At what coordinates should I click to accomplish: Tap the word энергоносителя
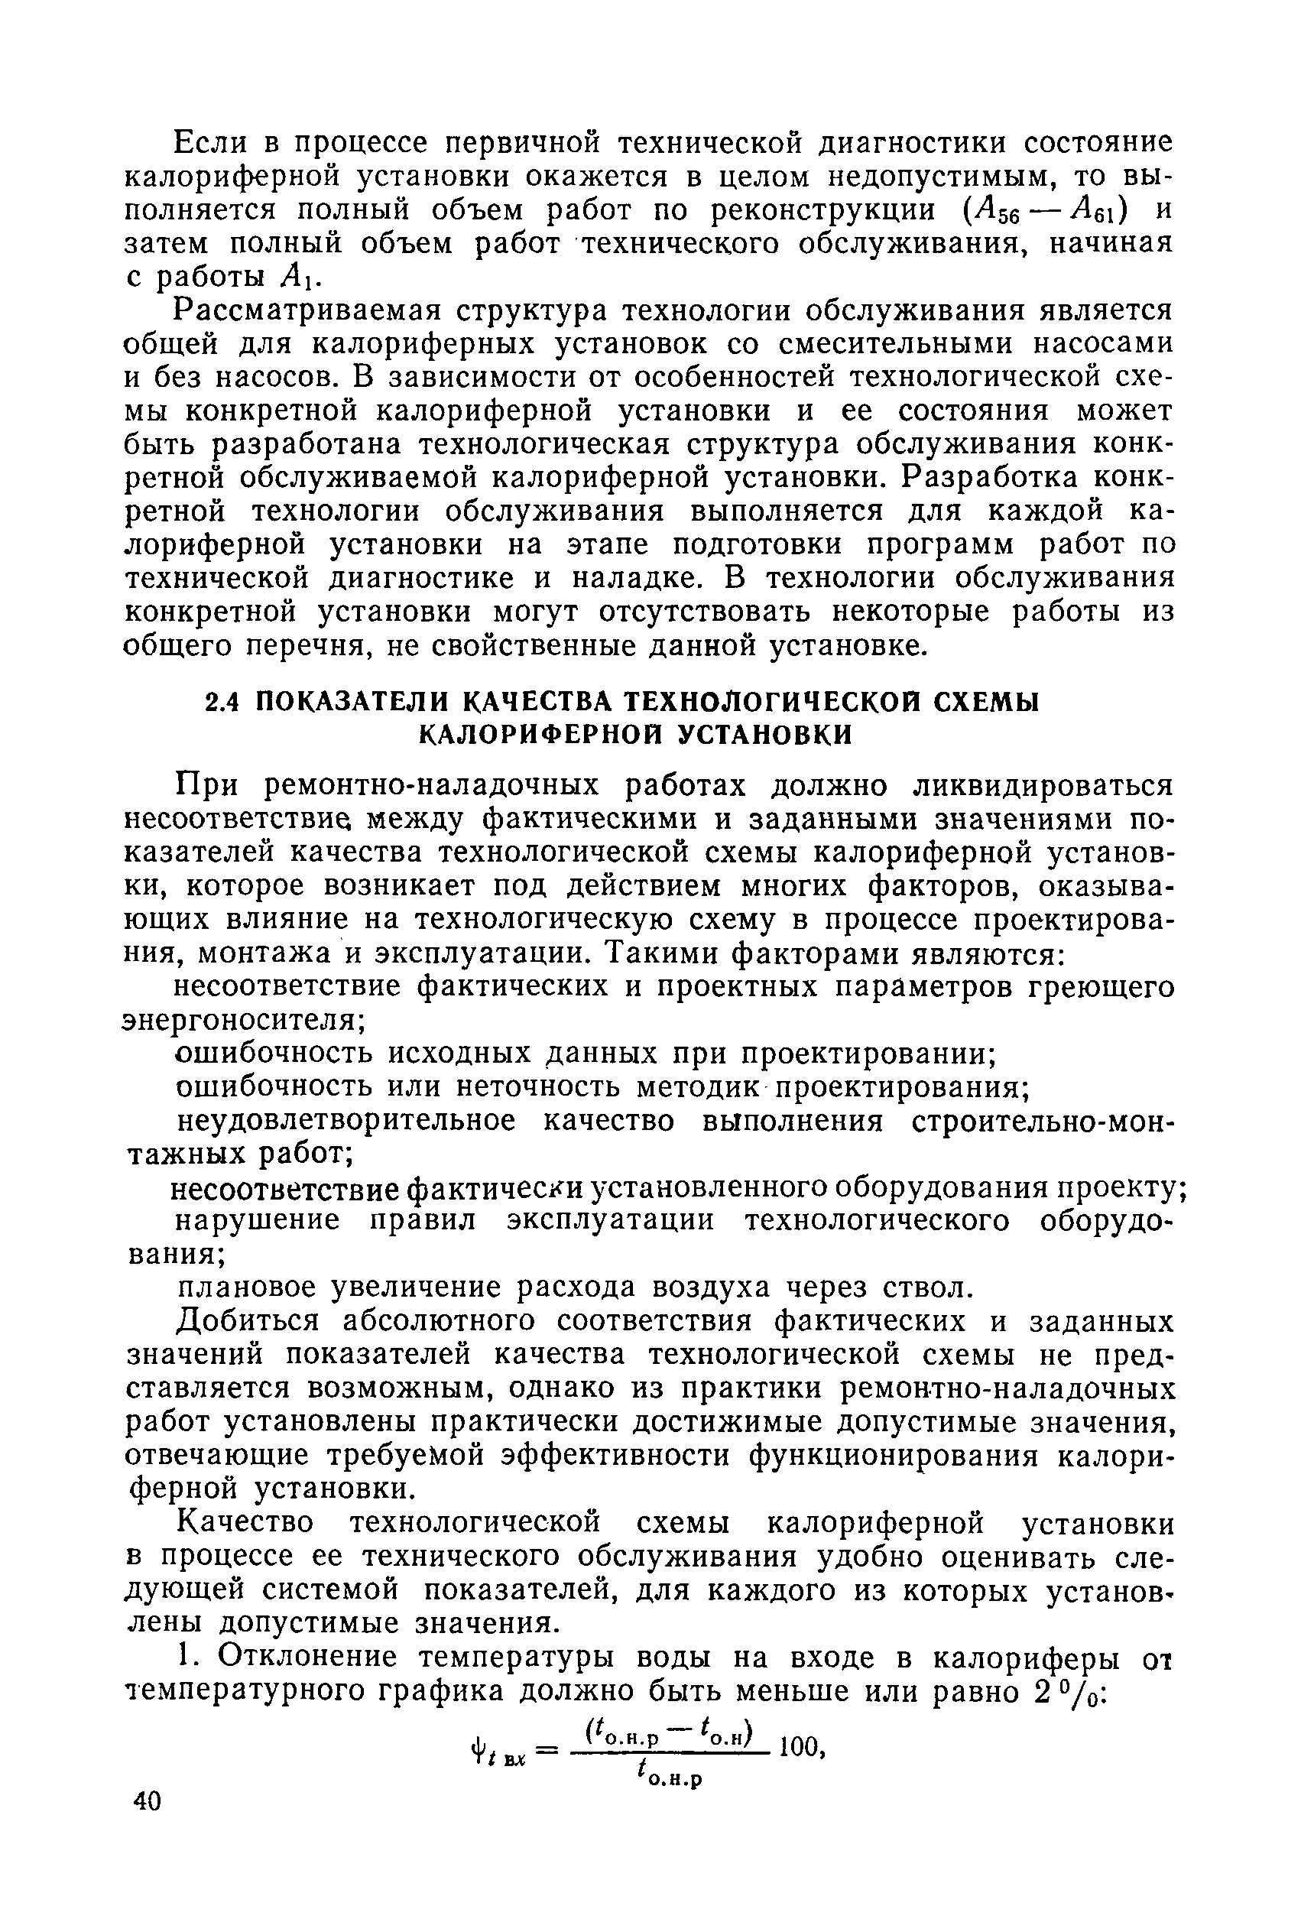tap(242, 1021)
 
